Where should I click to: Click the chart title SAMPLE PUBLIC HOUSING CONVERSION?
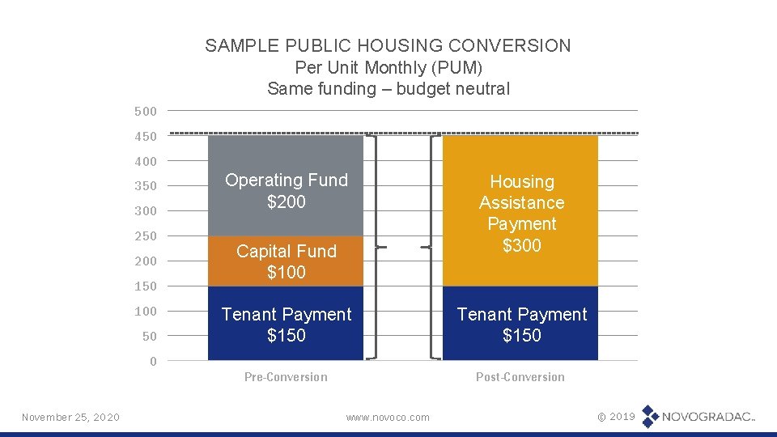[x=388, y=45]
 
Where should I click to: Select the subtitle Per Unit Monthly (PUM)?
[x=388, y=67]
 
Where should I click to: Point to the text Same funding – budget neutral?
[x=388, y=89]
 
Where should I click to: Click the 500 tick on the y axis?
[x=146, y=111]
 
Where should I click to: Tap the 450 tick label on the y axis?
[x=146, y=136]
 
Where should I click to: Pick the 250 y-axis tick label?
[x=146, y=236]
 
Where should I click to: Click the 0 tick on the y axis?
[x=153, y=362]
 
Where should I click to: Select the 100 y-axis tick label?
[x=146, y=312]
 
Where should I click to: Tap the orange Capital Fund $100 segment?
[x=286, y=261]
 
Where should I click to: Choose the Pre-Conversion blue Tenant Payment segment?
[x=286, y=324]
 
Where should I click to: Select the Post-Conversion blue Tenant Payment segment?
[x=520, y=324]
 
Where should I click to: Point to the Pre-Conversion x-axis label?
[x=286, y=377]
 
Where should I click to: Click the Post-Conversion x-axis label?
[x=520, y=377]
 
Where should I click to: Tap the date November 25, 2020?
[x=70, y=417]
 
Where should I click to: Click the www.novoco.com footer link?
[x=388, y=418]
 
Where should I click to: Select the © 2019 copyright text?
[x=616, y=416]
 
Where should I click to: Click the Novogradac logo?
[x=698, y=417]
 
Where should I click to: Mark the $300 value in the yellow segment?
[x=521, y=245]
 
